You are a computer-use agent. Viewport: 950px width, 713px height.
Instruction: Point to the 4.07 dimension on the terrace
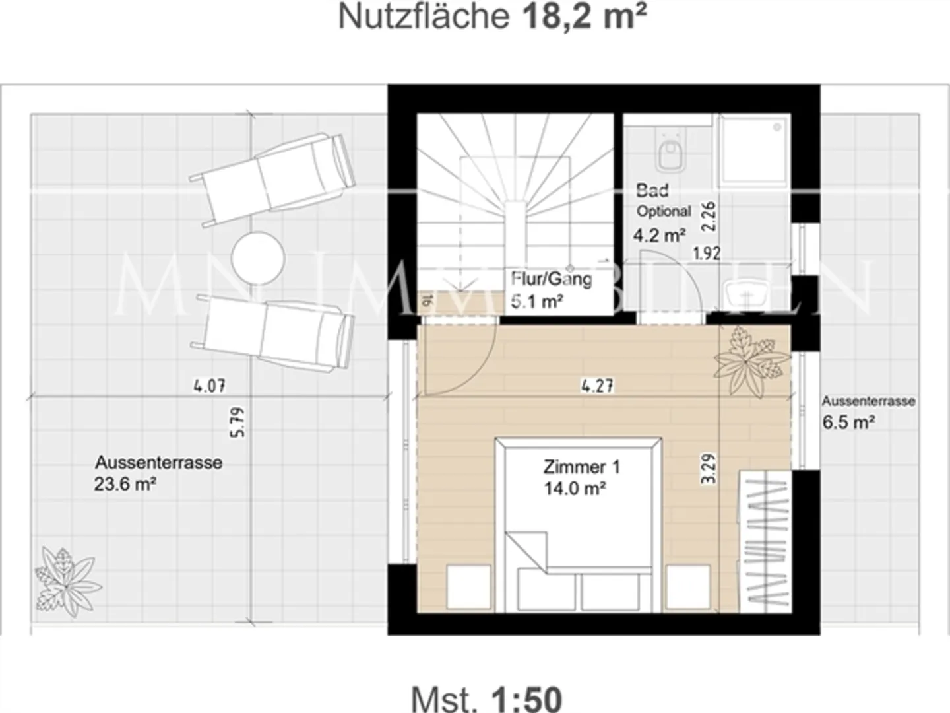(x=209, y=386)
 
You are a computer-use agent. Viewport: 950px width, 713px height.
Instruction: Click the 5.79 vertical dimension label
(x=238, y=422)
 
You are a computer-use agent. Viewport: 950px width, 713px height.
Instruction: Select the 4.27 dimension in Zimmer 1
(x=597, y=386)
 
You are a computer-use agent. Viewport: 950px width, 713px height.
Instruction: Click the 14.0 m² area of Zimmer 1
(x=575, y=489)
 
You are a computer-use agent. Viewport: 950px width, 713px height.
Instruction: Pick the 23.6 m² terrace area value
(x=125, y=485)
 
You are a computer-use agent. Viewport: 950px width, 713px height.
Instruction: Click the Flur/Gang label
(x=552, y=279)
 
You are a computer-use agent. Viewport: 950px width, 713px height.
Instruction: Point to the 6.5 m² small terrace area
(x=848, y=423)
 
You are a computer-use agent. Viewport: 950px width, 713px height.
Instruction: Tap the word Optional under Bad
(x=664, y=212)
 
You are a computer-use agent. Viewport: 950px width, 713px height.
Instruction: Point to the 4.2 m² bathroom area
(x=659, y=234)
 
